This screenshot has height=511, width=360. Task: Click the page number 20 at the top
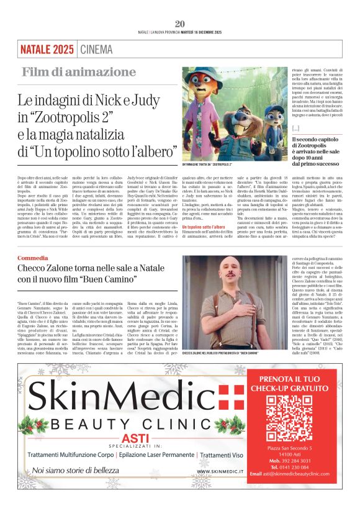(x=180, y=24)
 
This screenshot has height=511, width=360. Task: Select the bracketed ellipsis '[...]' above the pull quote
(x=295, y=127)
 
